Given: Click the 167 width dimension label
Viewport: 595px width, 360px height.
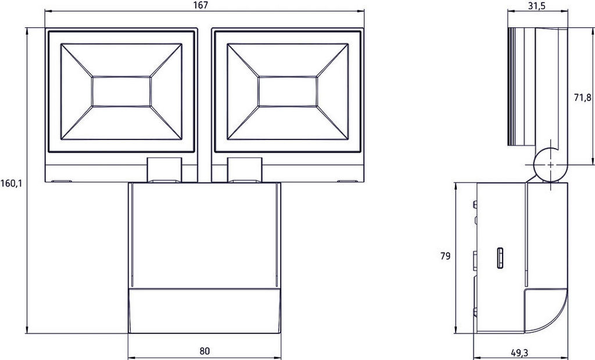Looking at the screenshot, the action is pyautogui.click(x=204, y=5).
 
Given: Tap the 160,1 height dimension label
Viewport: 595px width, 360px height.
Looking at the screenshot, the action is pyautogui.click(x=12, y=183).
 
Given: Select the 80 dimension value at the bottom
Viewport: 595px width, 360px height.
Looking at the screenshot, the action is pyautogui.click(x=205, y=351).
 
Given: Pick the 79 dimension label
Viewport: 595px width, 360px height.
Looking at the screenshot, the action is pyautogui.click(x=446, y=257).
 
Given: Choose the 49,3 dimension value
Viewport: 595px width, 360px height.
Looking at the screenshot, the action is pyautogui.click(x=519, y=353).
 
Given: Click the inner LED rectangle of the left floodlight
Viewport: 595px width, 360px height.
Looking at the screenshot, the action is pyautogui.click(x=121, y=92).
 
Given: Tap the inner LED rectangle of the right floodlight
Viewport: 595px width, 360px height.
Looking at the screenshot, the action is pyautogui.click(x=288, y=92).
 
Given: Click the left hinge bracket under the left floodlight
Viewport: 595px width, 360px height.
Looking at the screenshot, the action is pyautogui.click(x=164, y=170).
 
